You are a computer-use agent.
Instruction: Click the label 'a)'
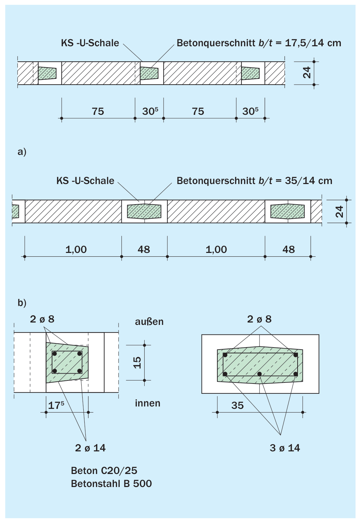click(22, 152)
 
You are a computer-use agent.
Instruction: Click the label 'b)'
click(22, 303)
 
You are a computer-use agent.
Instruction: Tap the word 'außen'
click(149, 321)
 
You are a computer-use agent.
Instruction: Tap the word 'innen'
click(148, 403)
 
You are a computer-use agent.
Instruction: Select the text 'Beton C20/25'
click(104, 471)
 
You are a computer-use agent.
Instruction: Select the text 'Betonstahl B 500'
click(111, 484)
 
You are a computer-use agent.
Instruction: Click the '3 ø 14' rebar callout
click(285, 448)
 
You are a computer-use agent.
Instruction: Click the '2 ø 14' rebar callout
click(90, 448)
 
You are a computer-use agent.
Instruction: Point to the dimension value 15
click(137, 363)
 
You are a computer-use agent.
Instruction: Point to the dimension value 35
click(237, 405)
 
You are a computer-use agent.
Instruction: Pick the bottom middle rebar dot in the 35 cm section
click(259, 374)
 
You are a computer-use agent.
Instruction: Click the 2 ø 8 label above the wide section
click(259, 319)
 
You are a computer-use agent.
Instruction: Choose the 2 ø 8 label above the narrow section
click(42, 319)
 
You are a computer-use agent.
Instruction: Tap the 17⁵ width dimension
click(56, 405)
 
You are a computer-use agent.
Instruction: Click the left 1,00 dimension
click(76, 250)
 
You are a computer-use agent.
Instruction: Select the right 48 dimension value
click(288, 250)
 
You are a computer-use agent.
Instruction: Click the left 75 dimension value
click(98, 111)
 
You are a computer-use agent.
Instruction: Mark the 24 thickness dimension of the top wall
click(307, 72)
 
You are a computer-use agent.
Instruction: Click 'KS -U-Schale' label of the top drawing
click(90, 43)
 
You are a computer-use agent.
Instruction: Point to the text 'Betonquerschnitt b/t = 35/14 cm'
click(254, 181)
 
